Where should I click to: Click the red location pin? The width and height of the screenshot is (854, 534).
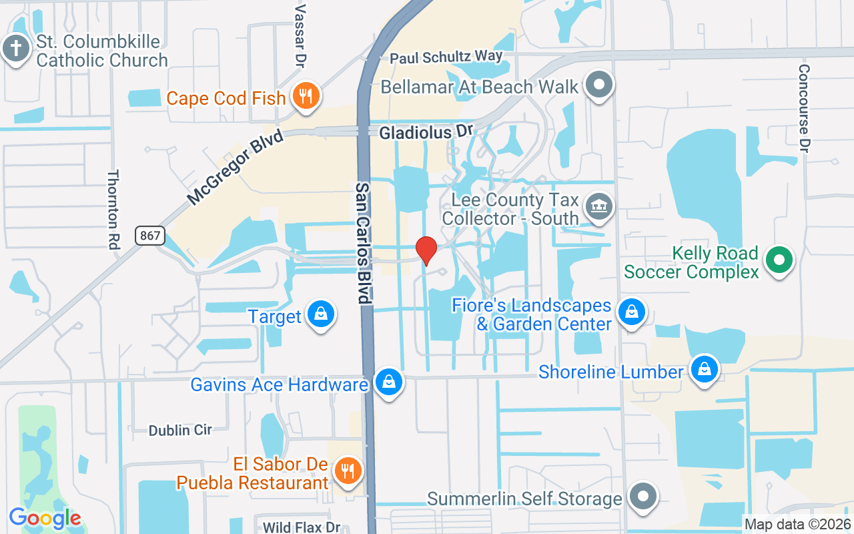pyautogui.click(x=426, y=250)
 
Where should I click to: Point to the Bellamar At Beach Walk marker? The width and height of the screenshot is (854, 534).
pyautogui.click(x=599, y=85)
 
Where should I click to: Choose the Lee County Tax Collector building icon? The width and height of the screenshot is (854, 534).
pyautogui.click(x=598, y=207)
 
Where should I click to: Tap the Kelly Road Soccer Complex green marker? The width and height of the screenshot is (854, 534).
pyautogui.click(x=779, y=260)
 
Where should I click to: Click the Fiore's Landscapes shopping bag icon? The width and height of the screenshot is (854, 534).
pyautogui.click(x=630, y=312)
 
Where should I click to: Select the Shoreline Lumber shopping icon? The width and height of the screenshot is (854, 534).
pyautogui.click(x=703, y=369)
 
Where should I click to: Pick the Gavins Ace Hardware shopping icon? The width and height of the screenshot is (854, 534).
pyautogui.click(x=388, y=382)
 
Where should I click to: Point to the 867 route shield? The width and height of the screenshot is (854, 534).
pyautogui.click(x=149, y=235)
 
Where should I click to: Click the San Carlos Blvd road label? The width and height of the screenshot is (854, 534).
pyautogui.click(x=363, y=243)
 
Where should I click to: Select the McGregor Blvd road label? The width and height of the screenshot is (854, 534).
pyautogui.click(x=236, y=167)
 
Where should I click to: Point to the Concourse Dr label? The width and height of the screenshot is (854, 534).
pyautogui.click(x=804, y=109)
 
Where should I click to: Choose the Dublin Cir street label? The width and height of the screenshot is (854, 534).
pyautogui.click(x=180, y=431)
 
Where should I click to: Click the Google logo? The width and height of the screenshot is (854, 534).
pyautogui.click(x=45, y=518)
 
